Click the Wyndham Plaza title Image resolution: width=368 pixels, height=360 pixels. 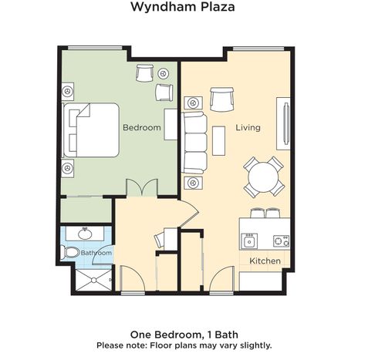tap(183, 7)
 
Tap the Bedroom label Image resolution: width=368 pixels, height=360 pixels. tap(142, 127)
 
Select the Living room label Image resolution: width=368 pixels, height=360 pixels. tap(248, 128)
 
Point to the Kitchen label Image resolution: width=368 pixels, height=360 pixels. tap(265, 261)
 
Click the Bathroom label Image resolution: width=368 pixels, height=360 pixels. tap(96, 253)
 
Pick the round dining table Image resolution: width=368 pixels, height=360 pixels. tap(263, 177)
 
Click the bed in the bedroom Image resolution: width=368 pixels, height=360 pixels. tap(90, 130)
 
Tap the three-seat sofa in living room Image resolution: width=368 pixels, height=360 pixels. tap(194, 143)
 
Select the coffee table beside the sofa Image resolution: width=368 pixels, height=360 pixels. tap(219, 140)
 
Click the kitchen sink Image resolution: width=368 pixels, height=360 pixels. tap(249, 241)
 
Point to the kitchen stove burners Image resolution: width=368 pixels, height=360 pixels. tap(281, 241)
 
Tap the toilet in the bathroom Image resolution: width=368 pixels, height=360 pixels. tap(70, 252)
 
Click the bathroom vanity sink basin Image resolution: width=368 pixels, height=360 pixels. tap(85, 234)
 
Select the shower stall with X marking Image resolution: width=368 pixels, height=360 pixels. tap(93, 280)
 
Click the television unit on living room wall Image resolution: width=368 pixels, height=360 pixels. tap(283, 123)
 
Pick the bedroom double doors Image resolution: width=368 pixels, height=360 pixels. tap(142, 188)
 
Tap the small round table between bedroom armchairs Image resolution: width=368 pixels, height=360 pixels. tap(163, 74)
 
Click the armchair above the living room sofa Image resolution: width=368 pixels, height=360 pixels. tap(221, 99)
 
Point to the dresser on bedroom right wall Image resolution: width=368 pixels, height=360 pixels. tap(170, 124)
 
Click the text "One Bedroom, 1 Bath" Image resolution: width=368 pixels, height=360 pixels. tap(184, 335)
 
